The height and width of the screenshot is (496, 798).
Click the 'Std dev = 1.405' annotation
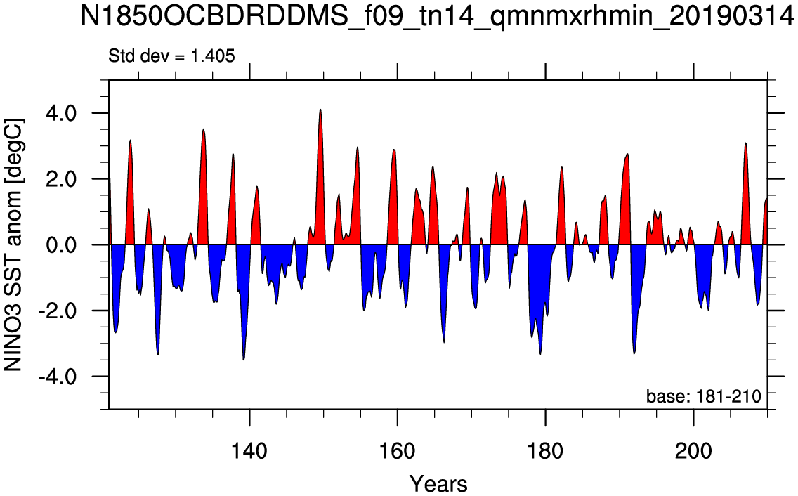coord(171,56)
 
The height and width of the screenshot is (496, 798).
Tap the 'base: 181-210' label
coord(703,396)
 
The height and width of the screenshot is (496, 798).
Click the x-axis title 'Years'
coord(438,483)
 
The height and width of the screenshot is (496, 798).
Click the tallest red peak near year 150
coord(320,110)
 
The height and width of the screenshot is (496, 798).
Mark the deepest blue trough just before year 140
coord(244,360)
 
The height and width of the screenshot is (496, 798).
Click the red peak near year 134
coord(203,129)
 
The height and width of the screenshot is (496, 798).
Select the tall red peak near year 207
coord(745,143)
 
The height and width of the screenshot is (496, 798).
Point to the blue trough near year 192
coord(634,353)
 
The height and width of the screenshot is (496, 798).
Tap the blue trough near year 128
coord(158,354)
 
